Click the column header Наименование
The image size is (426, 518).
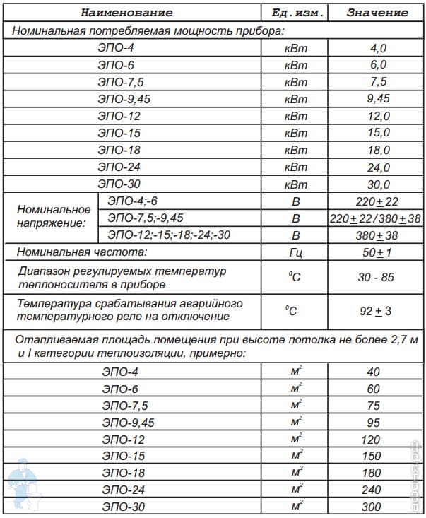coord(126,12)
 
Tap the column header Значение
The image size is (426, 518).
coord(377,12)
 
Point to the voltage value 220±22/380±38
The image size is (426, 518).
coord(376,218)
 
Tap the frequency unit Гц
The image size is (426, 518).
coord(296,252)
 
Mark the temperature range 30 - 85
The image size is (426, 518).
coord(376,277)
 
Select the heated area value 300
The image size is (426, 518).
coord(372,507)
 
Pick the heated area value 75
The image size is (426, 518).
coord(372,405)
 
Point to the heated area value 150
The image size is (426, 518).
coord(372,456)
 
